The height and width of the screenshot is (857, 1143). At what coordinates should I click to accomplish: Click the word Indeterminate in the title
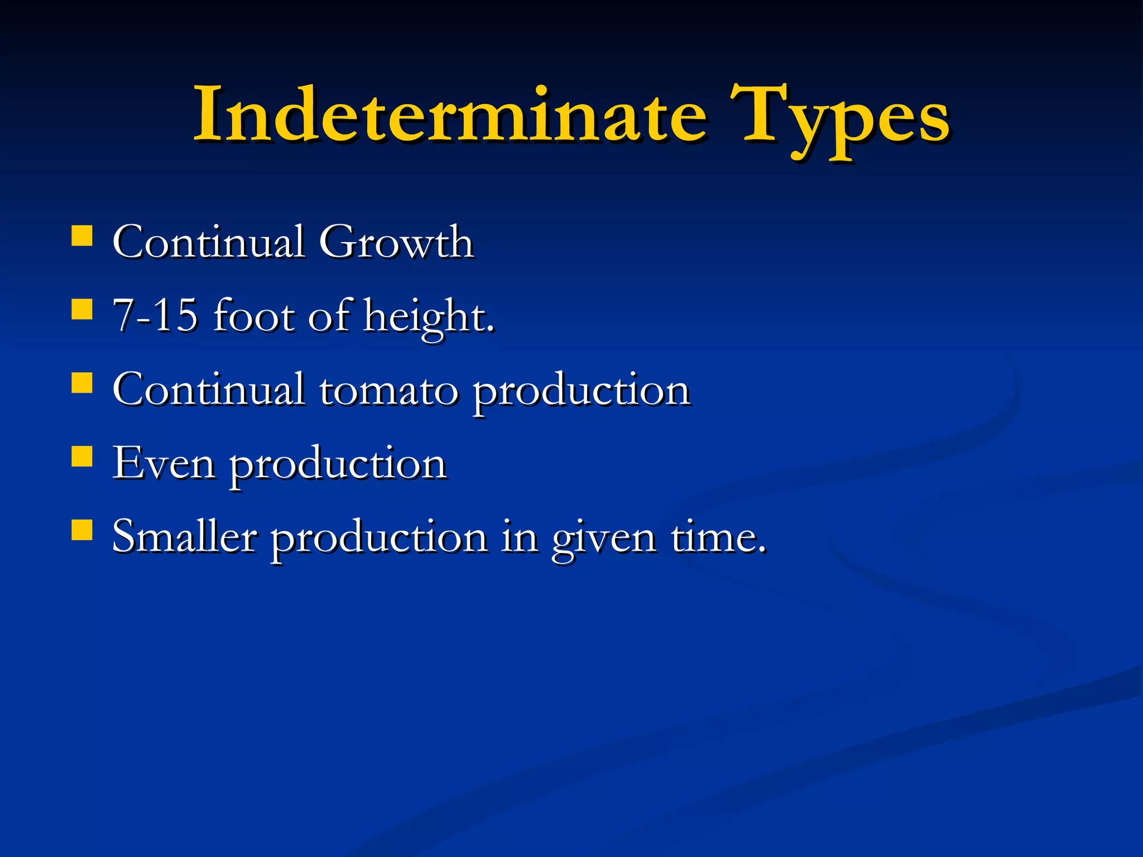(x=449, y=116)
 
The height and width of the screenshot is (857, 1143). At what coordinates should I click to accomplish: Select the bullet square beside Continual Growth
(x=82, y=236)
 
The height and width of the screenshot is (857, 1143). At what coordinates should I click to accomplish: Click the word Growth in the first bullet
(x=396, y=242)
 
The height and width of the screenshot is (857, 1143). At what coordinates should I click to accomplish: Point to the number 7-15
(x=155, y=315)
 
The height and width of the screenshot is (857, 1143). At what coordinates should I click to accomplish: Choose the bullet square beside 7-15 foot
(x=82, y=309)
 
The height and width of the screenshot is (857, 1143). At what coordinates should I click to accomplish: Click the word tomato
(x=388, y=390)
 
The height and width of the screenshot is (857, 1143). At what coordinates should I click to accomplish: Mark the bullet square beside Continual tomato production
(x=82, y=383)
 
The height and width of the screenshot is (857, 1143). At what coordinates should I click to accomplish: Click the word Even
(x=164, y=463)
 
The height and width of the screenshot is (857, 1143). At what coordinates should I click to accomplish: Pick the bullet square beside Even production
(x=82, y=456)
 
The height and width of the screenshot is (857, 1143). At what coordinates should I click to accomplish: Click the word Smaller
(x=185, y=537)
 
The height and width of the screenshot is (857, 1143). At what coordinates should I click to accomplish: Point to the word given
(x=604, y=540)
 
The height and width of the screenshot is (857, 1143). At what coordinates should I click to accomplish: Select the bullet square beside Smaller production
(x=82, y=531)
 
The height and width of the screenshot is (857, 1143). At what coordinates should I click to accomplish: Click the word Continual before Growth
(x=209, y=242)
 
